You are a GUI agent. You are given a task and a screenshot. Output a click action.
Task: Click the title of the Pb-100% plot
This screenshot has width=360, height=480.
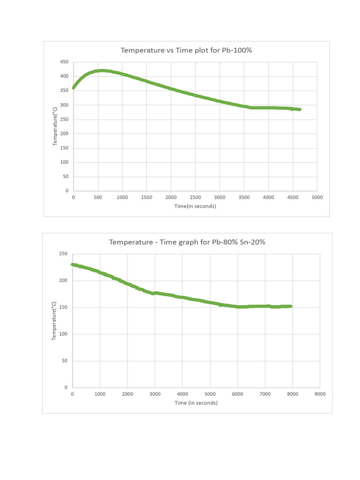click(186, 50)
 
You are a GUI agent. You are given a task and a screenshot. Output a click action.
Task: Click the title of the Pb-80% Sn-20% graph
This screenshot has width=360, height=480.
click(187, 242)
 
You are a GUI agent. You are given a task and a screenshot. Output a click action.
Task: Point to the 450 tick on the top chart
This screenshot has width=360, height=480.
click(64, 62)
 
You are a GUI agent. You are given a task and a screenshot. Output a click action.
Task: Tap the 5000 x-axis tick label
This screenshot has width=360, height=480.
click(317, 197)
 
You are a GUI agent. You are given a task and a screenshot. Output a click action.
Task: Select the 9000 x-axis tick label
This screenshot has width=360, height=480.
click(320, 394)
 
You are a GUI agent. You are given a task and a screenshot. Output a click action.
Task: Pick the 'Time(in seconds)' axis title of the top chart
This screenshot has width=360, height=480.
click(195, 206)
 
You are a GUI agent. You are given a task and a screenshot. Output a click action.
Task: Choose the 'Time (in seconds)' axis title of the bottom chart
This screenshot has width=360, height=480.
click(196, 403)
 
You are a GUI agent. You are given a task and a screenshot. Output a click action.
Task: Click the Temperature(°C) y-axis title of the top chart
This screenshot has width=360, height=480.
click(55, 126)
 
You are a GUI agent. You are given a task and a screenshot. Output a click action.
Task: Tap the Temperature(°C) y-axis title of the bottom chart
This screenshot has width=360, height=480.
click(54, 320)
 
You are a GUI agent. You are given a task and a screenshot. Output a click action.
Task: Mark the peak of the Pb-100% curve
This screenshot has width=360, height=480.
click(101, 71)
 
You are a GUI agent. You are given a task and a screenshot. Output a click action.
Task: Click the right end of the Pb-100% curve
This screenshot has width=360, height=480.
click(300, 109)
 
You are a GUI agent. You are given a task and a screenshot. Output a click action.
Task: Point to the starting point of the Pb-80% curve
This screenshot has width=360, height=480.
click(73, 264)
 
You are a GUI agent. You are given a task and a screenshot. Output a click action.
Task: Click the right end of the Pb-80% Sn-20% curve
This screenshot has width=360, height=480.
click(291, 306)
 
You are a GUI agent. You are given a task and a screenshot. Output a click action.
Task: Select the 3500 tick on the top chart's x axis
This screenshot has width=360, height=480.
click(244, 197)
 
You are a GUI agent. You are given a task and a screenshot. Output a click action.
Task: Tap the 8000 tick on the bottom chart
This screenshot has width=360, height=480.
click(292, 394)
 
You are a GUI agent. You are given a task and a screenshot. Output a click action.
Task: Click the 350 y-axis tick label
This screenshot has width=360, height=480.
click(64, 90)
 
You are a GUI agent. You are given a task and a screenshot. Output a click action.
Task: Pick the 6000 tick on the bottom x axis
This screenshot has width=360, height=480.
click(237, 394)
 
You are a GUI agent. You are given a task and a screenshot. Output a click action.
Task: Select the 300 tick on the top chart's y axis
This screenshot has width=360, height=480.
click(64, 105)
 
